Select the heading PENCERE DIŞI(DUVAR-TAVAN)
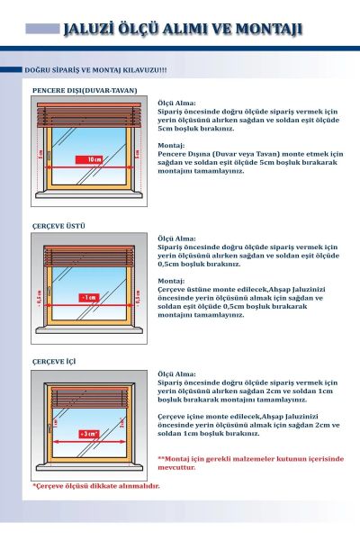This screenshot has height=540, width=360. [x=85, y=90]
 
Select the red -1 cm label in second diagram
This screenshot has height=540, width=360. [x=88, y=296]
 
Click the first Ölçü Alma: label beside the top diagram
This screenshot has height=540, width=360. [x=177, y=103]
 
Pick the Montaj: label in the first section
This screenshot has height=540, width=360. [x=171, y=144]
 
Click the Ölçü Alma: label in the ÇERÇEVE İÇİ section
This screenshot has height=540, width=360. [x=177, y=373]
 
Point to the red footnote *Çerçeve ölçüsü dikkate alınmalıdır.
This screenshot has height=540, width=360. [x=96, y=486]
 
